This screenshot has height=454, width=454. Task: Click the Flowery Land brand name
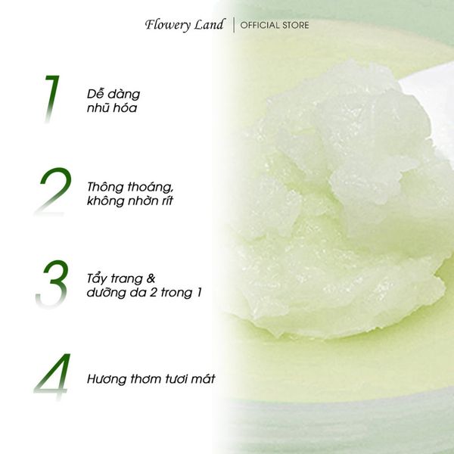(x=185, y=25)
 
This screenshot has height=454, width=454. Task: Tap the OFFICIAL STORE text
(x=275, y=26)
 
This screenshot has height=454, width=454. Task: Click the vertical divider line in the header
(x=232, y=25)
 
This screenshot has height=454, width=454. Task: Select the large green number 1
(x=51, y=98)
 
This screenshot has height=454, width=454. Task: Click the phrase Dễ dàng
(x=113, y=94)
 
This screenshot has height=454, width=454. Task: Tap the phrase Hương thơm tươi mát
(x=151, y=378)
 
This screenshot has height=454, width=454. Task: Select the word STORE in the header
(x=294, y=26)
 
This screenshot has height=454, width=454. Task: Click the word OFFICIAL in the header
(x=258, y=26)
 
